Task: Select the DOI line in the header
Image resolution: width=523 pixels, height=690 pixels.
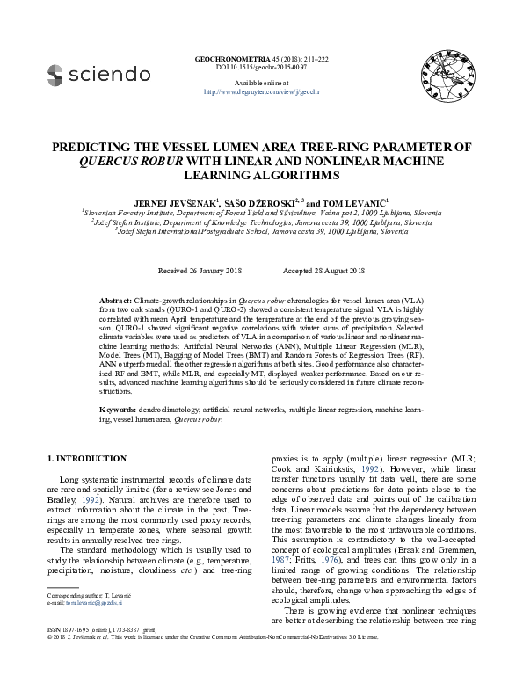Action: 261,67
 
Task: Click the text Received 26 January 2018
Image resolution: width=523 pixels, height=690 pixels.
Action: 200,270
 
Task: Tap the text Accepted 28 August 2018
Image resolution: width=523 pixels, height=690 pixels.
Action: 324,270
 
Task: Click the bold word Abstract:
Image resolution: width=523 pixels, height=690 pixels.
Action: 114,301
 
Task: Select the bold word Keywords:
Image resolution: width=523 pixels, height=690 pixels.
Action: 117,410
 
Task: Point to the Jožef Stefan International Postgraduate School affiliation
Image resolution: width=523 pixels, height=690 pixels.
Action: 261,231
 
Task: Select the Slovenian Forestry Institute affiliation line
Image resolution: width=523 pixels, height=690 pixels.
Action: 261,212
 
